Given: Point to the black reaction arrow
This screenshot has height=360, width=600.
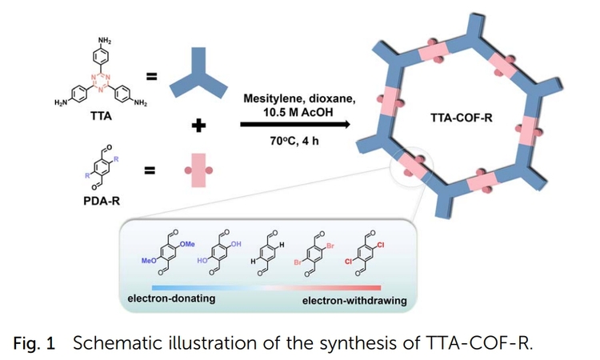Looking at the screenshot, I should [x=295, y=125].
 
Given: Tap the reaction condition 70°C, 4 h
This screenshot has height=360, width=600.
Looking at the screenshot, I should [x=295, y=144].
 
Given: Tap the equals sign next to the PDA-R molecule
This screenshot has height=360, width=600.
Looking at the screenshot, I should [x=151, y=171].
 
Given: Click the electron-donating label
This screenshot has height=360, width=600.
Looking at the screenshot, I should [x=170, y=300].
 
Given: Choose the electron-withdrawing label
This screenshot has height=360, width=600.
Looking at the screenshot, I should [x=354, y=301].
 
